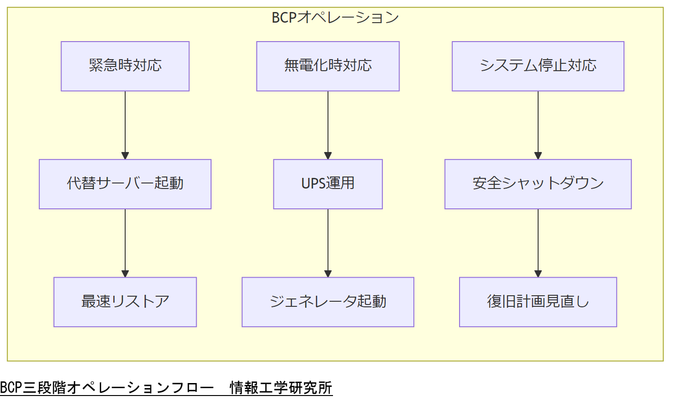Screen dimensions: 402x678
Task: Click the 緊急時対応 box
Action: [125, 66]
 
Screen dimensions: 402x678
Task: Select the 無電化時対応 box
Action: [328, 66]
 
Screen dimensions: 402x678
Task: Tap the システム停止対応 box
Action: [538, 66]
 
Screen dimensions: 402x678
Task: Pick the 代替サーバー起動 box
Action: [125, 184]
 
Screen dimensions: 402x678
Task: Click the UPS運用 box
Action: [328, 184]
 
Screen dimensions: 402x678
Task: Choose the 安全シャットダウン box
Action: [538, 184]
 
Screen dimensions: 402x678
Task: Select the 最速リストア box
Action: [125, 302]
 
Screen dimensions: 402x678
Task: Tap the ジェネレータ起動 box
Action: [328, 302]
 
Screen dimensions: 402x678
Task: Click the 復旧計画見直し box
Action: [538, 302]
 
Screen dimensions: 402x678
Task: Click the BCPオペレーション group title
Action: [335, 18]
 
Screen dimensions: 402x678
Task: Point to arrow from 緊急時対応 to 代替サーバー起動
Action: [125, 125]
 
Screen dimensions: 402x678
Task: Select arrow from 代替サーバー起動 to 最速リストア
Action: [125, 243]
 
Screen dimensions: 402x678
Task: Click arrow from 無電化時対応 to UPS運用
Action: [328, 125]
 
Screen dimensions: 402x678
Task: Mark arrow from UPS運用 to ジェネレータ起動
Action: [328, 243]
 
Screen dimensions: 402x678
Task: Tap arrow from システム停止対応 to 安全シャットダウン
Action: [538, 125]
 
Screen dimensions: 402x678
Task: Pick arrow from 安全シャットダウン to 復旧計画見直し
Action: [538, 243]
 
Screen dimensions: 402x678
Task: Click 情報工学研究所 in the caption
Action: [281, 387]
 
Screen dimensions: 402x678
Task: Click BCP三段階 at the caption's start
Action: [33, 387]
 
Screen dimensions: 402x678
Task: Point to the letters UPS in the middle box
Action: [313, 184]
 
